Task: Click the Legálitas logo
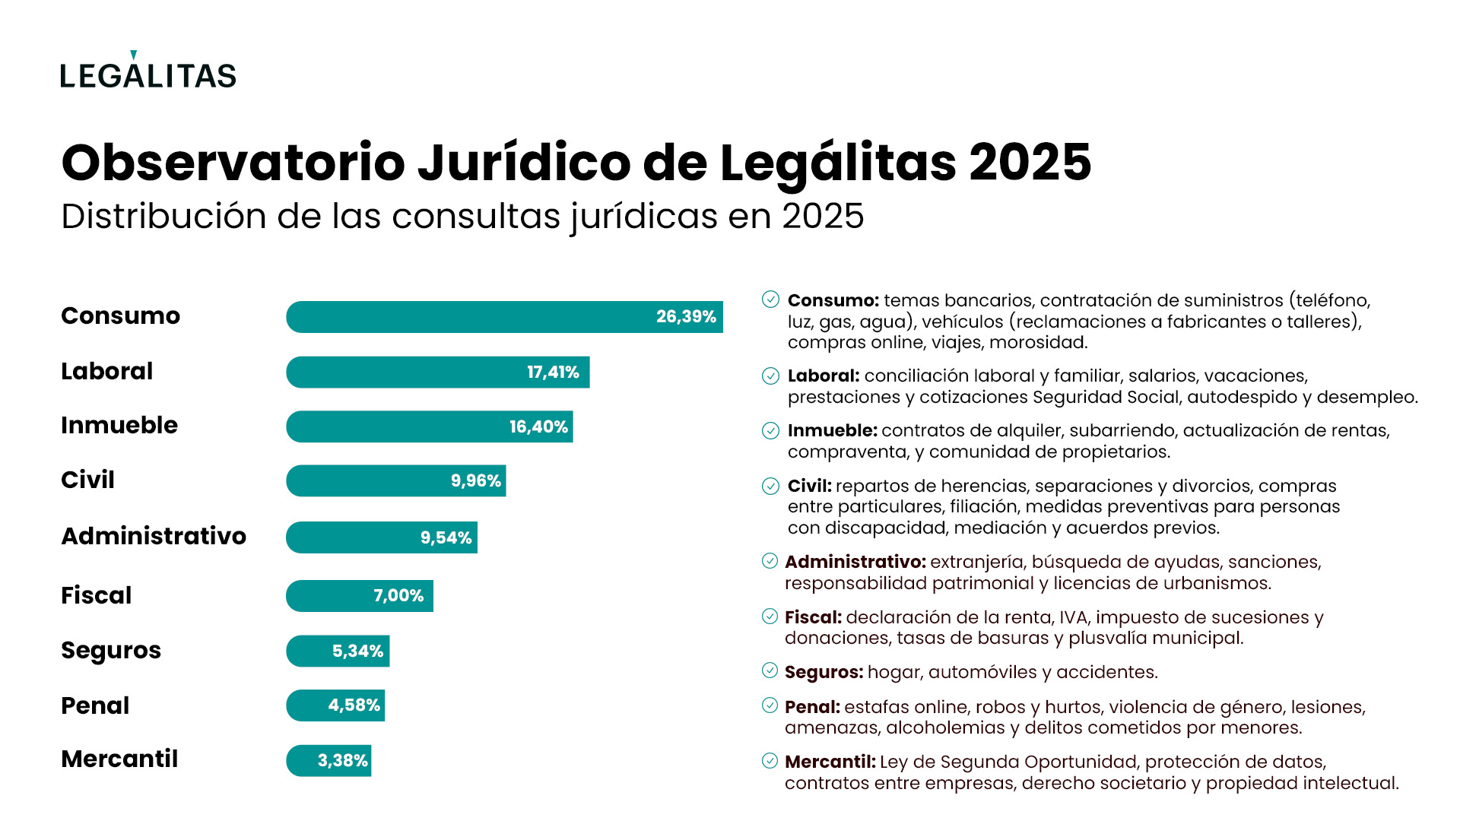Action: [148, 73]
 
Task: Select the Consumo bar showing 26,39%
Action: [503, 317]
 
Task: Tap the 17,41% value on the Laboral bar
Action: [553, 372]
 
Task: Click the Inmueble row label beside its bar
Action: [119, 425]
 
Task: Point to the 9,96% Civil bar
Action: [395, 481]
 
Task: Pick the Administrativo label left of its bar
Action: [154, 536]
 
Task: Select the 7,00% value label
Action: [398, 596]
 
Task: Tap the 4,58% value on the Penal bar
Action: [354, 705]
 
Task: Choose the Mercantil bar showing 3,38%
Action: [328, 760]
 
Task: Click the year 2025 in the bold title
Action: [1030, 163]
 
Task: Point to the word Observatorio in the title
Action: [233, 163]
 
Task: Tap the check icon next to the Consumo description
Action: [770, 300]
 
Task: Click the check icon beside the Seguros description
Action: [770, 670]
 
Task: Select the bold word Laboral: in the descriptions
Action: [824, 376]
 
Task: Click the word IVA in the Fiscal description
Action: [1073, 617]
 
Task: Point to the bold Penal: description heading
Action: [812, 707]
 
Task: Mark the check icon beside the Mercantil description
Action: [770, 761]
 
